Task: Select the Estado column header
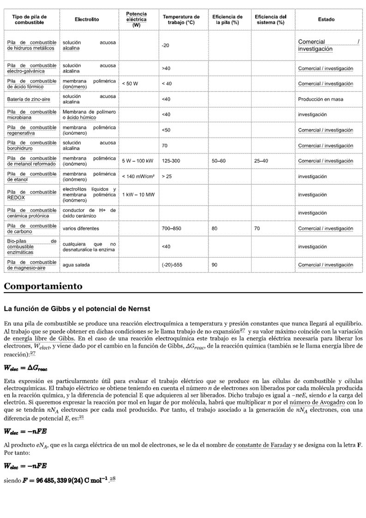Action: [326, 19]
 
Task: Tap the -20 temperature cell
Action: [166, 46]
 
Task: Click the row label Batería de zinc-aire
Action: [28, 99]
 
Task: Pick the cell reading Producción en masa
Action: [320, 99]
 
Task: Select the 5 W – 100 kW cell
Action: [138, 161]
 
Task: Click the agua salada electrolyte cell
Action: [76, 265]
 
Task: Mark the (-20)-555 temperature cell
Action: [174, 265]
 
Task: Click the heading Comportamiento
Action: [43, 286]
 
